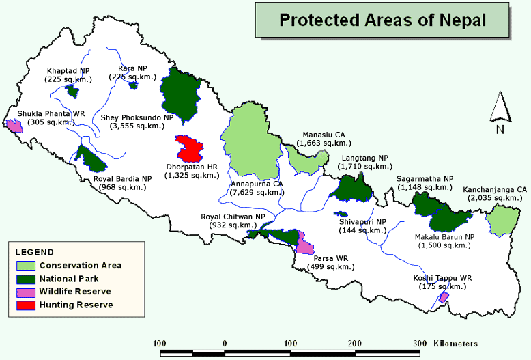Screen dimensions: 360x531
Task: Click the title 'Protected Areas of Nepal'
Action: pos(382,20)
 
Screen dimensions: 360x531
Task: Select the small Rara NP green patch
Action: pos(134,86)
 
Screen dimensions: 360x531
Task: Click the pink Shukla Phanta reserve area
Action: pos(14,125)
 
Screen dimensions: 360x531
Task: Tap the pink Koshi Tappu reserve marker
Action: pos(443,297)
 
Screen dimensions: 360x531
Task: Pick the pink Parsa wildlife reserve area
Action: pos(305,244)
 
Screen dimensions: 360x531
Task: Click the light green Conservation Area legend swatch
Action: pos(25,266)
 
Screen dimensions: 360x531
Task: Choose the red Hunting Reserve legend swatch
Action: pos(25,305)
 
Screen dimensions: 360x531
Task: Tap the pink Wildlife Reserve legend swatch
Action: pos(25,292)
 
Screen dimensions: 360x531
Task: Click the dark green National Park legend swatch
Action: pos(25,279)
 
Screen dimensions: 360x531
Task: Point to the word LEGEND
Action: pos(34,253)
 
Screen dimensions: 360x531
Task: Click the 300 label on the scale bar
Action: pos(420,343)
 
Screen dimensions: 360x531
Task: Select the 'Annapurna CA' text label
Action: pos(257,184)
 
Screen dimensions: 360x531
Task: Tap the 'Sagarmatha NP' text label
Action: pos(425,178)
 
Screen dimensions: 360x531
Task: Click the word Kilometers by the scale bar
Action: pos(456,343)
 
